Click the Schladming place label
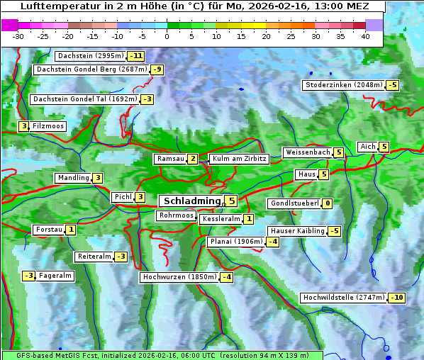(x=190, y=201)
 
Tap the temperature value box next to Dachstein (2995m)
(x=135, y=56)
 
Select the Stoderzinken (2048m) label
(x=344, y=85)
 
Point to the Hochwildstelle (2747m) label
(x=345, y=298)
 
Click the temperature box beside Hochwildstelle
(x=397, y=298)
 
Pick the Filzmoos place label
(x=48, y=126)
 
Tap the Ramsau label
(x=171, y=159)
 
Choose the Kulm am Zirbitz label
(x=239, y=159)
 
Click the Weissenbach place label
(x=308, y=152)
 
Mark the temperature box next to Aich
(x=384, y=147)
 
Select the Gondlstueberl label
(x=294, y=203)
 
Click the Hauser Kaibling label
(x=297, y=231)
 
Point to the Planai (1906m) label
(x=236, y=242)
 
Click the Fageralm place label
(x=55, y=276)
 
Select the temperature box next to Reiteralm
(x=121, y=257)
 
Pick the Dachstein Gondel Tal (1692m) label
(x=85, y=99)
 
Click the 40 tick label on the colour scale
(x=365, y=36)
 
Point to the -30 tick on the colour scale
(x=18, y=36)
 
